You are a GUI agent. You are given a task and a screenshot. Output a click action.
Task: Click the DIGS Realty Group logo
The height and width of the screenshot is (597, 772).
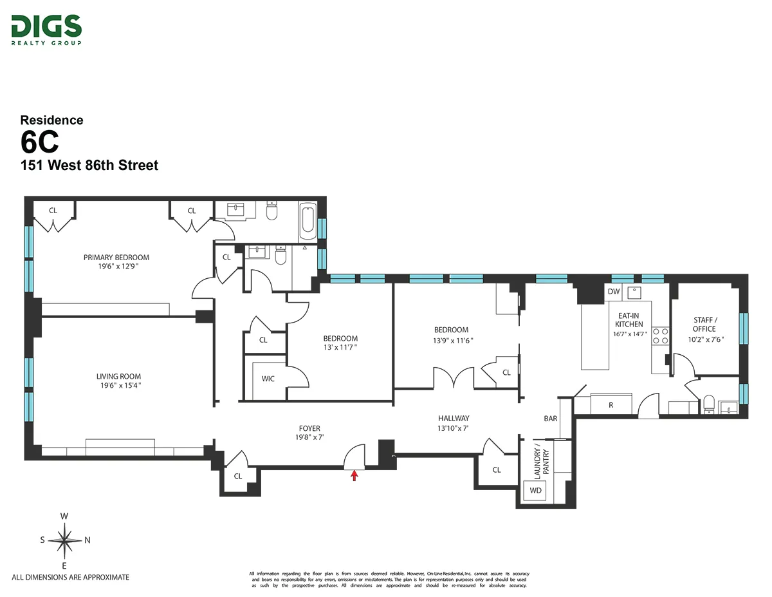click(46, 30)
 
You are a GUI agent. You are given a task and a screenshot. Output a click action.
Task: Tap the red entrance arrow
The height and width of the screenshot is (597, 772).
click(353, 476)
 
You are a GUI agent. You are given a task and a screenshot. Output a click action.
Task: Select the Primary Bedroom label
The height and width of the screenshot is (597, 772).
click(116, 258)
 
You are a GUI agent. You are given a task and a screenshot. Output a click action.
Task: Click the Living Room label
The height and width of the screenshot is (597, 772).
click(118, 377)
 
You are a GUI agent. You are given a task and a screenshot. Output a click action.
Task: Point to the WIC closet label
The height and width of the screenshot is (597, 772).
click(268, 379)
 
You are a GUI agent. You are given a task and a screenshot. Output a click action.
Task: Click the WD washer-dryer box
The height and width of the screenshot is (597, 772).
click(535, 491)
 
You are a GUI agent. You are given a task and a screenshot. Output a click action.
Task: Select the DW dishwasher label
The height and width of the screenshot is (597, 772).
click(614, 292)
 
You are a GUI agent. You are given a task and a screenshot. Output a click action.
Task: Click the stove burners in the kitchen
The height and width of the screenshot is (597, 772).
click(660, 336)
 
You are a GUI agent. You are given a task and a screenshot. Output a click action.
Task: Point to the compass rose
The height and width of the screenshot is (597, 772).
click(64, 540)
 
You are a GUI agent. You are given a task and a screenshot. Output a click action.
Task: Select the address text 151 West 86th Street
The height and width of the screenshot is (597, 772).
click(89, 166)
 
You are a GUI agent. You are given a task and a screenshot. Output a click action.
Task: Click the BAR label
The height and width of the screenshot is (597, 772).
click(551, 419)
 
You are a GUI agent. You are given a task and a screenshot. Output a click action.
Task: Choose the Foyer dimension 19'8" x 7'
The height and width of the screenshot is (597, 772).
click(309, 437)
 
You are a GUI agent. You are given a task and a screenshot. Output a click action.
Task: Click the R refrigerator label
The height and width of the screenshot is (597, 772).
click(610, 405)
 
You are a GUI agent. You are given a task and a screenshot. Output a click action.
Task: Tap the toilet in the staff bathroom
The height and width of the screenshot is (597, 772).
click(709, 403)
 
